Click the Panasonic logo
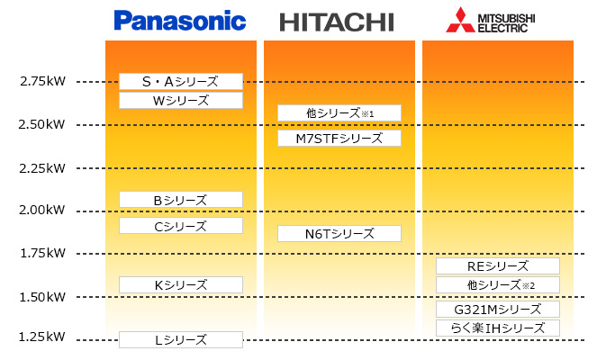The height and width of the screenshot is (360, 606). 180,20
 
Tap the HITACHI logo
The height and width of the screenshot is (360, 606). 338,22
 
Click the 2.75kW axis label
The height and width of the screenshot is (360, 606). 42,82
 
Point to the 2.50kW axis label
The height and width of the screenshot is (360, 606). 42,124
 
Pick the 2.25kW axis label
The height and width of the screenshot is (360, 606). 42,167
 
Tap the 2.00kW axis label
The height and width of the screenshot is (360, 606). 42,211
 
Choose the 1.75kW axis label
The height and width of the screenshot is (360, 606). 42,254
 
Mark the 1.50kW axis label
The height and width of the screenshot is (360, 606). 42,297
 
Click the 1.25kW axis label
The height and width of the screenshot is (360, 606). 42,337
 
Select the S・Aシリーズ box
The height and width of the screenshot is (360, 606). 181,82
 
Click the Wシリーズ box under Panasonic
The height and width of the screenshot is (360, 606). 181,101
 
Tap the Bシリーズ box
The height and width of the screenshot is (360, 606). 181,200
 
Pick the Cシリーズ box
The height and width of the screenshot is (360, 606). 181,226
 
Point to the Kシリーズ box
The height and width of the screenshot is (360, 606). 181,285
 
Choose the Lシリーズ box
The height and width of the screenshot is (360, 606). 181,340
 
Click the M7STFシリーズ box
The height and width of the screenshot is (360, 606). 339,139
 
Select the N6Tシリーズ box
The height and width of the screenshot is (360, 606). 339,234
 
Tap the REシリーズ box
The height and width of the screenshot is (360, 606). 498,266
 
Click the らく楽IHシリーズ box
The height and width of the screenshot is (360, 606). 498,328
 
